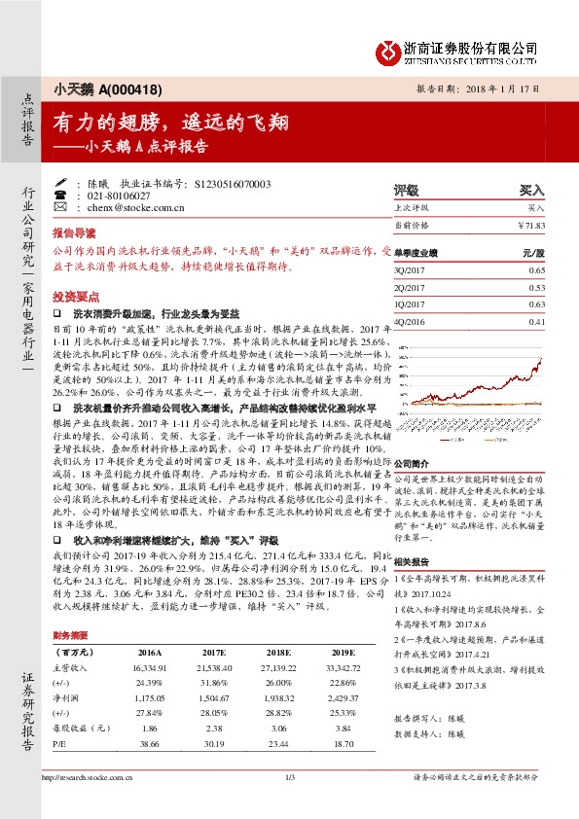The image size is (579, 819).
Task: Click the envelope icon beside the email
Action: [61, 207]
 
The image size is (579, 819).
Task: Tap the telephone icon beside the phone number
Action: [61, 195]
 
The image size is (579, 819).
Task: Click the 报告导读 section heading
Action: [74, 233]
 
